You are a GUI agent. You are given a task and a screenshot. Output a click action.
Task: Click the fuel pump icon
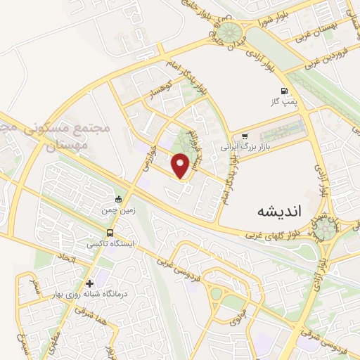point(284,90)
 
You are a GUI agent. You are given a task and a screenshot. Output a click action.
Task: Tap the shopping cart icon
point(244,136)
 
